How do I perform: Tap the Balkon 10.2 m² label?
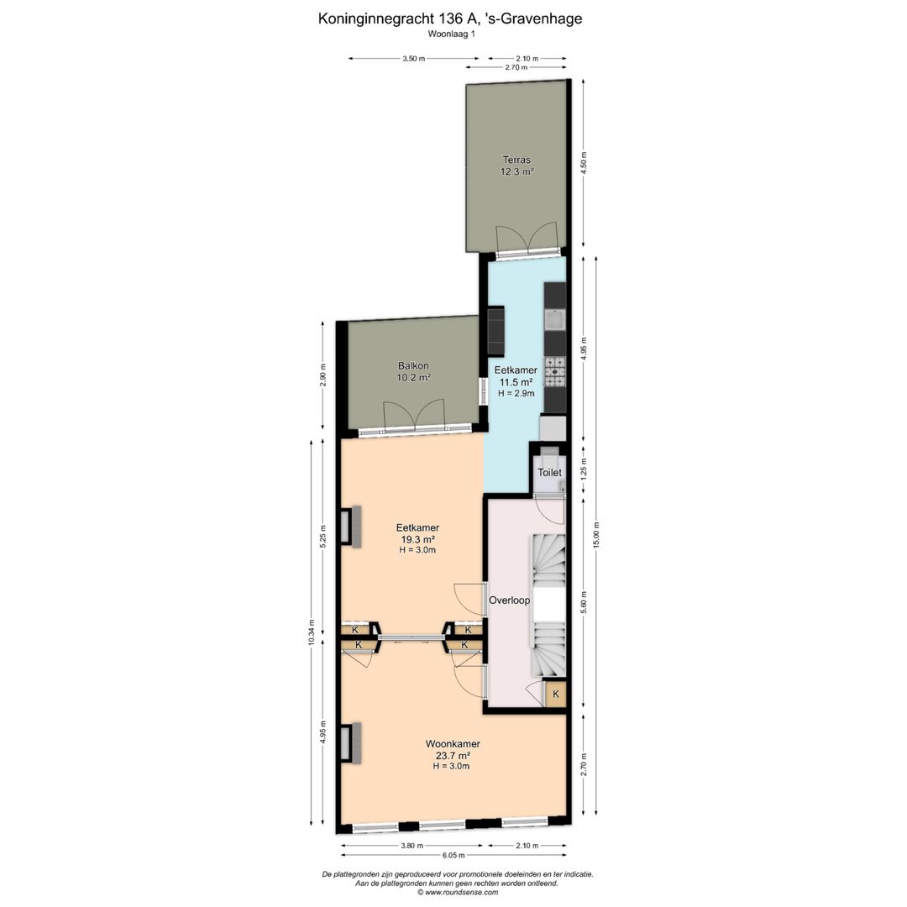pyautogui.click(x=413, y=371)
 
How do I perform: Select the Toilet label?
pyautogui.click(x=549, y=473)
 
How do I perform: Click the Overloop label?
pyautogui.click(x=509, y=600)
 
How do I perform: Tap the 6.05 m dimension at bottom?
pyautogui.click(x=453, y=857)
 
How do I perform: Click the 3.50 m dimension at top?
pyautogui.click(x=413, y=59)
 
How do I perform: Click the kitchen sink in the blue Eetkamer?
pyautogui.click(x=554, y=320)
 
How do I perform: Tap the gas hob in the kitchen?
pyautogui.click(x=555, y=370)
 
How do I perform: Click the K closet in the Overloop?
pyautogui.click(x=555, y=695)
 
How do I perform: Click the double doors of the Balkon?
pyautogui.click(x=413, y=417)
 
